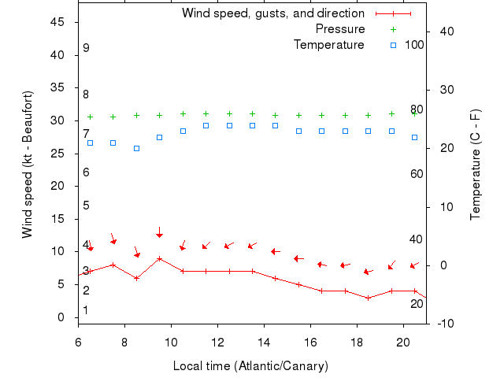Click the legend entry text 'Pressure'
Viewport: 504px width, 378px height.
coord(339,29)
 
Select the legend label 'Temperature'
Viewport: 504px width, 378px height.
coord(328,45)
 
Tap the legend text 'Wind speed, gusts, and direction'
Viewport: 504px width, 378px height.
coord(272,13)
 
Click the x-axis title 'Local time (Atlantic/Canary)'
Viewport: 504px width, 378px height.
coord(250,366)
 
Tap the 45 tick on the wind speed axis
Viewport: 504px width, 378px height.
coord(57,22)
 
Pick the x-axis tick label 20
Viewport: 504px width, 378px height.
coord(402,342)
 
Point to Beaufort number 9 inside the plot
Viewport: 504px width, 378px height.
coord(86,48)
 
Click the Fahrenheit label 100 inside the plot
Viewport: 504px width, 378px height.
coord(414,45)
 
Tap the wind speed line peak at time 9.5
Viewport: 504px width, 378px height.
coord(159,258)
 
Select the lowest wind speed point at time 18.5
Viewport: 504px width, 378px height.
coord(368,298)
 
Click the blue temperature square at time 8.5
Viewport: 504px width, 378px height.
coord(136,148)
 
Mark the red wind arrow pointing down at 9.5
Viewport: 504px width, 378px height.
coord(159,233)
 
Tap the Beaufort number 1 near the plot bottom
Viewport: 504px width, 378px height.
coord(86,310)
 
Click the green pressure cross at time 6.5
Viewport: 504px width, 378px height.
coord(90,117)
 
